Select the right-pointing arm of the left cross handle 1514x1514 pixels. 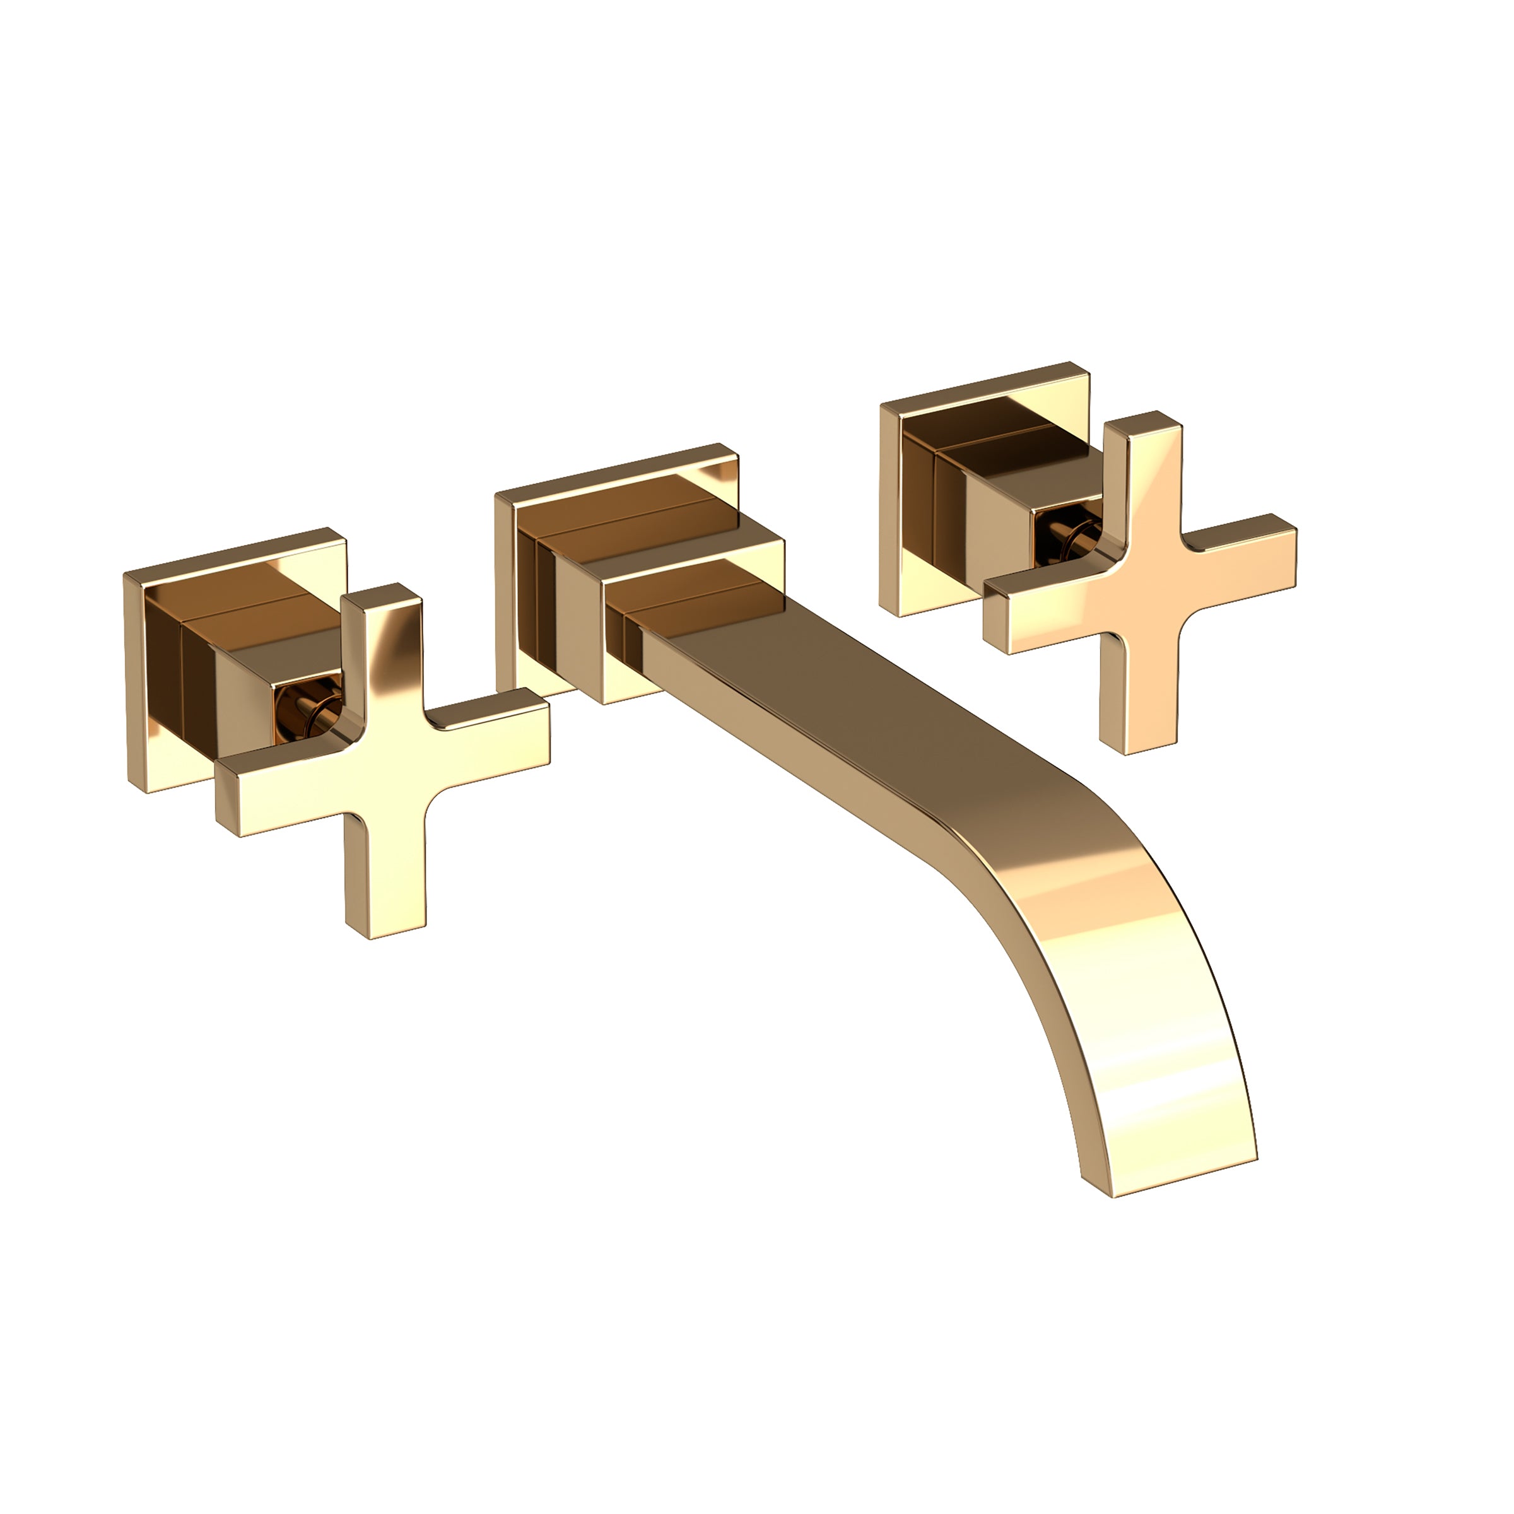(486, 732)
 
